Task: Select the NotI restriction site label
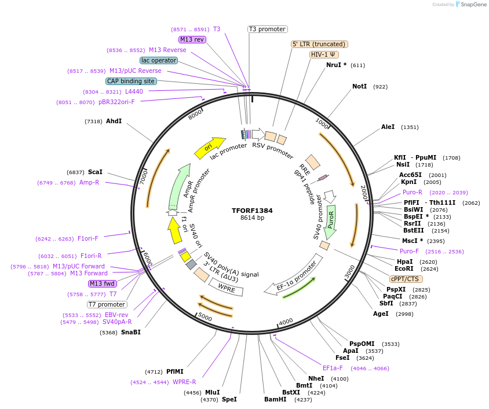pyautogui.click(x=359, y=86)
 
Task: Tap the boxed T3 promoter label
pyautogui.click(x=267, y=29)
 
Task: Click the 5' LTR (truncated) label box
pyautogui.click(x=319, y=44)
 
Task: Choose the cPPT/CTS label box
pyautogui.click(x=406, y=279)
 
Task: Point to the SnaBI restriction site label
pyautogui.click(x=130, y=332)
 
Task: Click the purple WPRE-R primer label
pyautogui.click(x=184, y=382)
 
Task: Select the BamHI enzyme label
pyautogui.click(x=275, y=399)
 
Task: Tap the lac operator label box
pyautogui.click(x=158, y=60)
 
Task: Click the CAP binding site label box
pyautogui.click(x=130, y=81)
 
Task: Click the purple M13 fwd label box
pyautogui.click(x=102, y=283)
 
